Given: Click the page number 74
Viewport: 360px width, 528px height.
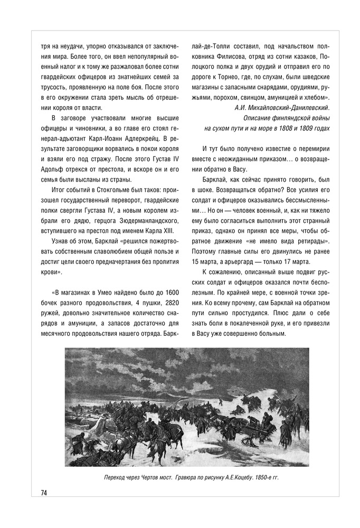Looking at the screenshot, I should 44,493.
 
